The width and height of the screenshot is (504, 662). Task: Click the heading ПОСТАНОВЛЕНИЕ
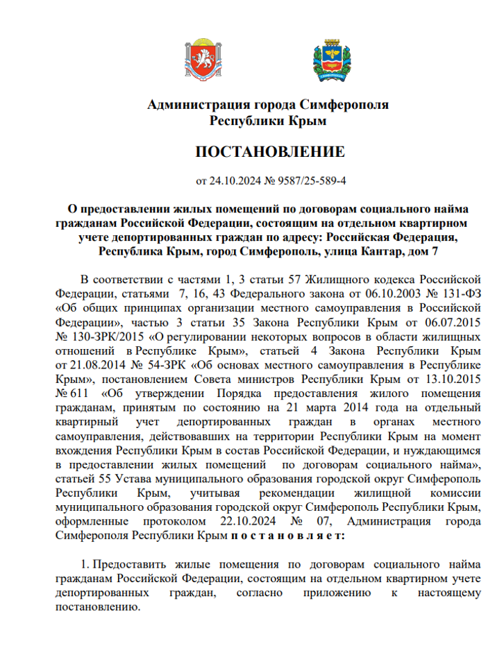coord(269,152)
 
